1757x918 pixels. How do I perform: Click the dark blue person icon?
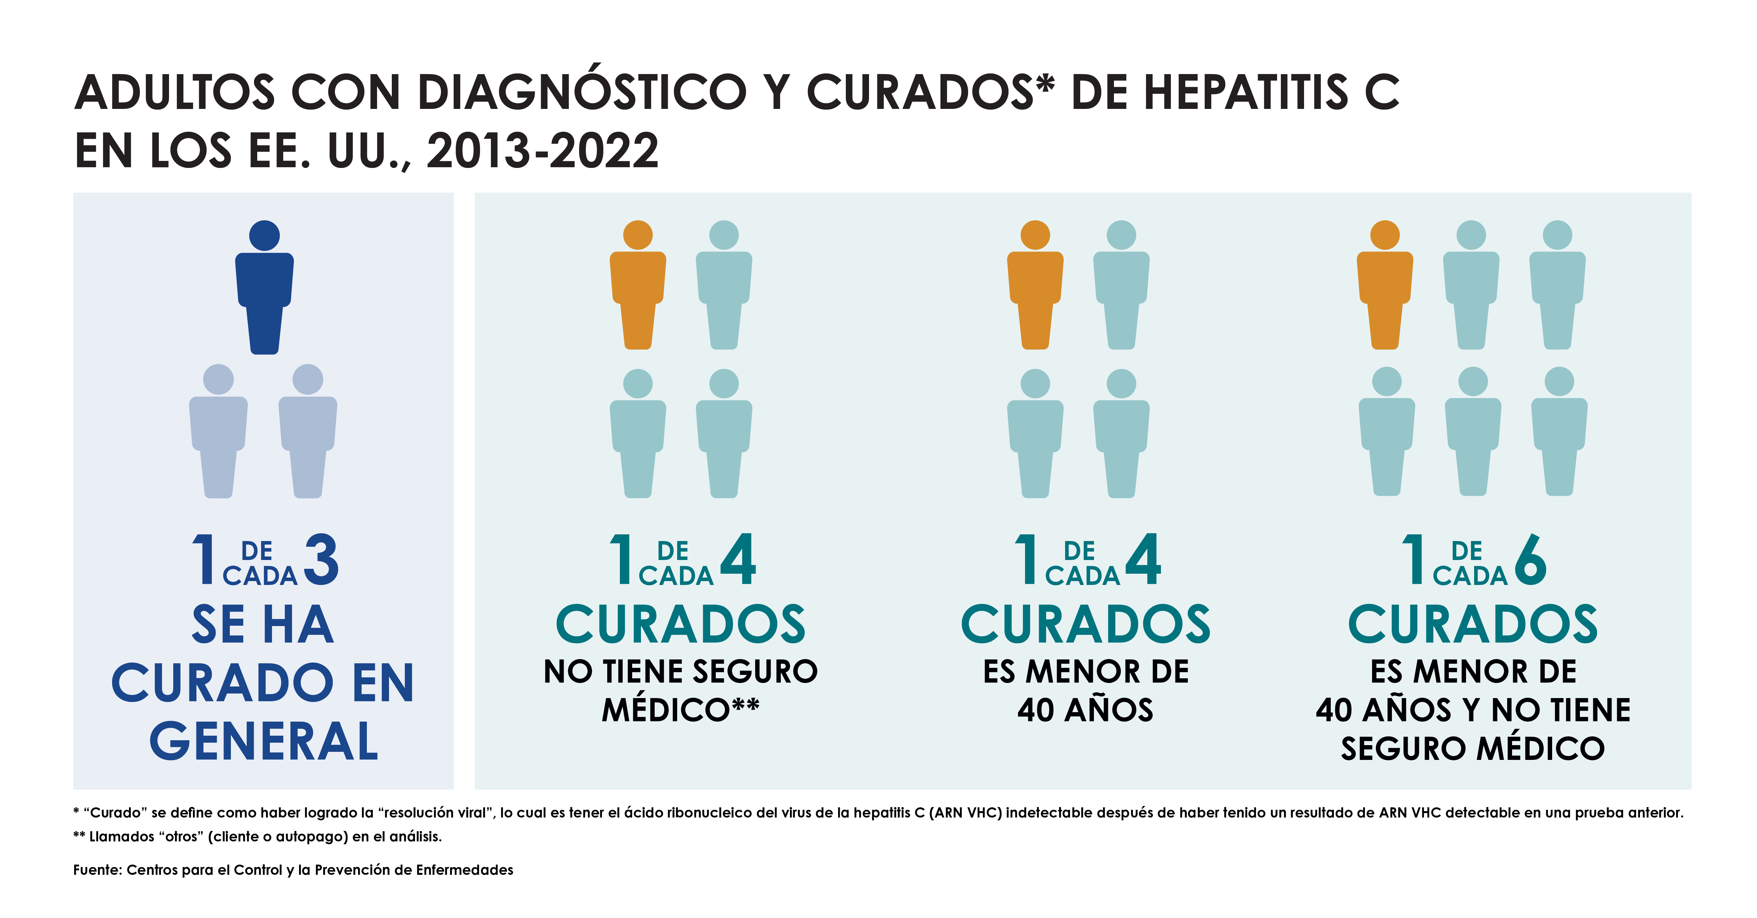[x=265, y=293]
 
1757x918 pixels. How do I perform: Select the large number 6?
[x=1531, y=559]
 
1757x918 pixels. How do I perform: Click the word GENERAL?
[x=264, y=741]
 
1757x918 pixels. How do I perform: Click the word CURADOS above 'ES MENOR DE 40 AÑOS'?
[x=1085, y=625]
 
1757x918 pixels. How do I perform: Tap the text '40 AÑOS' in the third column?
[x=1085, y=710]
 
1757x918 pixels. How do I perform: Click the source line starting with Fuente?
[x=293, y=870]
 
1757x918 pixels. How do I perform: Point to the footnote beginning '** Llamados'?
[x=258, y=836]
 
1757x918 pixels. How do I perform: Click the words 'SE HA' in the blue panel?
[x=263, y=625]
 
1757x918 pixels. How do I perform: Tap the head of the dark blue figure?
[x=265, y=235]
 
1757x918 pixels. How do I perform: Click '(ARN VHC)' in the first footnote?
[x=965, y=812]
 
